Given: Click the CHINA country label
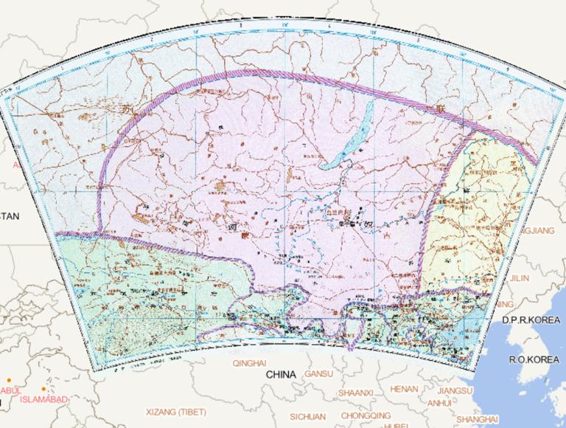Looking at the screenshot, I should tap(281, 375).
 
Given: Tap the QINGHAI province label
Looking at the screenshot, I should tap(249, 363).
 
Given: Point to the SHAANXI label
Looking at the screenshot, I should tap(357, 393).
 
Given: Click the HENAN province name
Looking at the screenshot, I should tap(404, 388).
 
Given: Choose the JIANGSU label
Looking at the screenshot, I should tap(454, 390).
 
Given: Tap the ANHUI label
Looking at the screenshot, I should tap(439, 403).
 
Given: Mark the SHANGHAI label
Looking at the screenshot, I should tap(478, 419).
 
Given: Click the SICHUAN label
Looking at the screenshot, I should tap(307, 416).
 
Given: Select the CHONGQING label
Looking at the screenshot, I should tap(366, 415).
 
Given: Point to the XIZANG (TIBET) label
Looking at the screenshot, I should tap(176, 411).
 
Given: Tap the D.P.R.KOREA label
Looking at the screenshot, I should tap(531, 320).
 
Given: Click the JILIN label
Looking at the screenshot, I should tap(520, 278).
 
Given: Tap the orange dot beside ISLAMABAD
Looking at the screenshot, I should tap(44, 389).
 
